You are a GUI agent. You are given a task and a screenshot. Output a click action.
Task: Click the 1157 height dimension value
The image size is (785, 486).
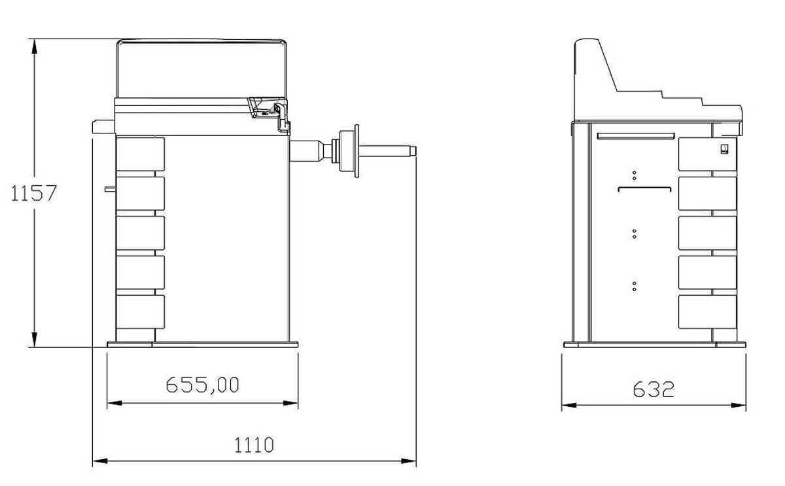pos(33,193)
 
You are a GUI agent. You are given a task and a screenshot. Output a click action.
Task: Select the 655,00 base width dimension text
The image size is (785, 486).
pos(202,385)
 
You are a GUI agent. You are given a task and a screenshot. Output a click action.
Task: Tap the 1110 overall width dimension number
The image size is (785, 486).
pos(254,445)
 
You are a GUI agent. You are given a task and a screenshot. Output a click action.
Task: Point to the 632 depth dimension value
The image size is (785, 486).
pos(654,389)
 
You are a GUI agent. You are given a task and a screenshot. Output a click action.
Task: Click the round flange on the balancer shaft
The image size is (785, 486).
pos(357,151)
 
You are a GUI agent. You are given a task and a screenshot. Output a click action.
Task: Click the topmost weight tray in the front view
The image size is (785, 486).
pos(140,154)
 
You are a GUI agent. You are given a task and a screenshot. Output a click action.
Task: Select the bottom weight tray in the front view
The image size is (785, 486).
pos(140,312)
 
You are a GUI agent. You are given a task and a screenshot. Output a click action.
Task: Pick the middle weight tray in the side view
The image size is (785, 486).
pos(707,233)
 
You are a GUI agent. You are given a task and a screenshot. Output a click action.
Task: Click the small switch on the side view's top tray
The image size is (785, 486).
pos(724,149)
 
